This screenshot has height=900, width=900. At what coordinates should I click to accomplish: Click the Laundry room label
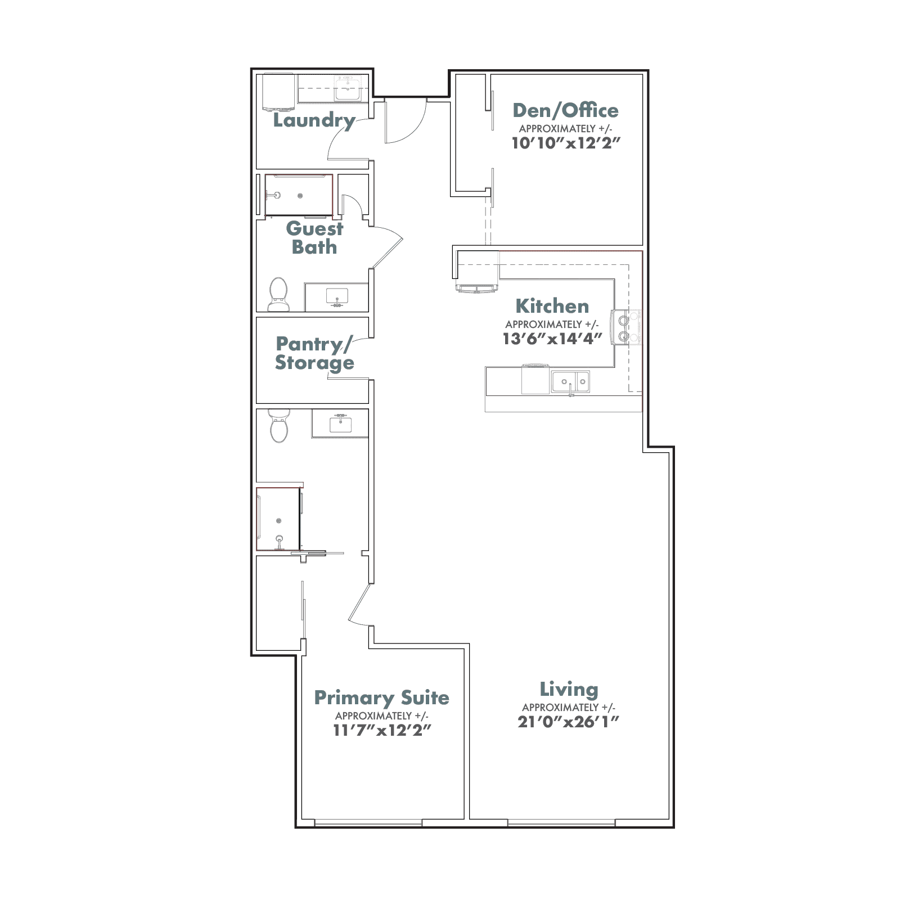point(314,120)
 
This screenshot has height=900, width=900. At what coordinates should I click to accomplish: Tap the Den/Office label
point(565,110)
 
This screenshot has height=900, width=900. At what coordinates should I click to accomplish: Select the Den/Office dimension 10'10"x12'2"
point(565,143)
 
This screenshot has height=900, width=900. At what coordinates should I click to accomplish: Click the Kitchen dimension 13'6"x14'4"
point(552,339)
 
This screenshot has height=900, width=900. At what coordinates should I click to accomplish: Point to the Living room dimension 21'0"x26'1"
point(568,722)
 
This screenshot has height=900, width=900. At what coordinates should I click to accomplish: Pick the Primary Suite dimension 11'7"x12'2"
point(382,730)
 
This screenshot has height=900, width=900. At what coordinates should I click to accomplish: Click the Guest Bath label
point(314,237)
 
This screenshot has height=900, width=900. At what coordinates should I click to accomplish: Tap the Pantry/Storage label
point(314,353)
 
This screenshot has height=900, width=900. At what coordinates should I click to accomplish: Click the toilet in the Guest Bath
point(278,295)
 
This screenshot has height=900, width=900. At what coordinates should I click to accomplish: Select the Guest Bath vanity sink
point(337,296)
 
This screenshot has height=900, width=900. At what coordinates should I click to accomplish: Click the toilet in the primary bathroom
point(278,426)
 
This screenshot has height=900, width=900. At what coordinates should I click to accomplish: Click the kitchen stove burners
point(624,328)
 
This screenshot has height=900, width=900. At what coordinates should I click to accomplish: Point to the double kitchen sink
point(570,382)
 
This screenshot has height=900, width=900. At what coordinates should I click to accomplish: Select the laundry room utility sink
point(348,88)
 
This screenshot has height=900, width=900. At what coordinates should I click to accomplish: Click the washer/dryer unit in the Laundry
point(279,92)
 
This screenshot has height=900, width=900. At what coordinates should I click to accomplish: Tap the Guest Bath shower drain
point(300,196)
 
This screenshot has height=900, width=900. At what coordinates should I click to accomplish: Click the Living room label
point(569,689)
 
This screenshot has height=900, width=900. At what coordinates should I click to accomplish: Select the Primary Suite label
point(382,697)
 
